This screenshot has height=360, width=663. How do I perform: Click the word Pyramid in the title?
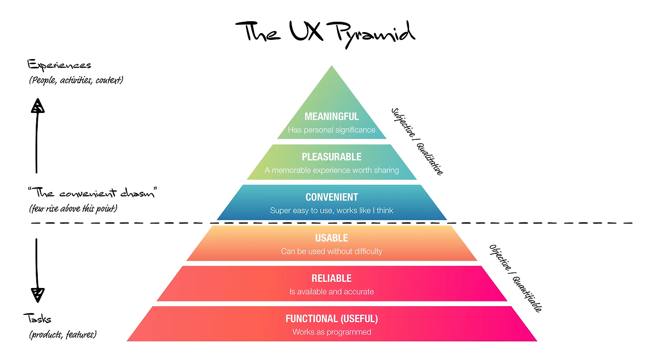[375, 35]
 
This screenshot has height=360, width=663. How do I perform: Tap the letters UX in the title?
[306, 31]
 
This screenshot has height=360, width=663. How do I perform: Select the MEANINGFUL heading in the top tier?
[331, 117]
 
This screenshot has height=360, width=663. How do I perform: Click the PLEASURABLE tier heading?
[331, 156]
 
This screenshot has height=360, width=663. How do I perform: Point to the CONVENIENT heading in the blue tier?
[331, 197]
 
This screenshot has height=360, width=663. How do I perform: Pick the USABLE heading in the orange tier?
[331, 238]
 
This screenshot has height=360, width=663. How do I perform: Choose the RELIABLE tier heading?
[331, 278]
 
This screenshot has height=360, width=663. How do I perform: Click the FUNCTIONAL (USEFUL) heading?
[331, 319]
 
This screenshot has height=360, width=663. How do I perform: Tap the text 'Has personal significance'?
[331, 129]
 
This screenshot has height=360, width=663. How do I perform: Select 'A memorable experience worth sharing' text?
[331, 170]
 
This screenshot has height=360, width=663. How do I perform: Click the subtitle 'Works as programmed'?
[331, 332]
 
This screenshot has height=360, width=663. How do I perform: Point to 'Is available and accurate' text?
[331, 292]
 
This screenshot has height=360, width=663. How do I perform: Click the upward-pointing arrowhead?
[38, 106]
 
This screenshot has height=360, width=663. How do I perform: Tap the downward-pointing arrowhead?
[38, 295]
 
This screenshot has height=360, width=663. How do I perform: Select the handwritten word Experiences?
[59, 65]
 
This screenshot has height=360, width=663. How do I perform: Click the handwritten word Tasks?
[37, 319]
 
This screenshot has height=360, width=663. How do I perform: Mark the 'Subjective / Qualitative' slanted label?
[417, 141]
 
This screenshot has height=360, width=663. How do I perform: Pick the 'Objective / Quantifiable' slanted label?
[515, 278]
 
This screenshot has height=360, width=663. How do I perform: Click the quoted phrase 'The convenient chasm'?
[92, 193]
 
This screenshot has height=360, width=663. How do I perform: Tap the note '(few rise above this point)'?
[73, 208]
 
